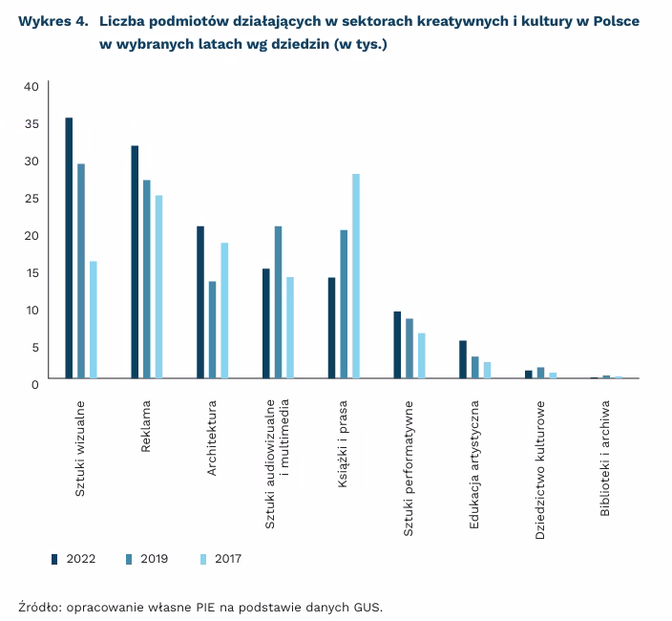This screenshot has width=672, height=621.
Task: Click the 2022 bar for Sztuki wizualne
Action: [x=69, y=247]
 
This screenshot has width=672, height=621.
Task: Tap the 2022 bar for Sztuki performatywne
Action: [x=397, y=345]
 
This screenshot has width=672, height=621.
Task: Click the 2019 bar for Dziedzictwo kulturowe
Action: [x=540, y=373]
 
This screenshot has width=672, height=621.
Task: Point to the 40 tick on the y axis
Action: [x=30, y=87]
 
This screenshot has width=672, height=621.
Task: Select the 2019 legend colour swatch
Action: [x=129, y=558]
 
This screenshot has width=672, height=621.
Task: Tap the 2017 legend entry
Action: [x=220, y=558]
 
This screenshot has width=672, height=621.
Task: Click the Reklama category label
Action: [x=146, y=420]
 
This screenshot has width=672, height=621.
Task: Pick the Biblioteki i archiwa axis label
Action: [x=605, y=458]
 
